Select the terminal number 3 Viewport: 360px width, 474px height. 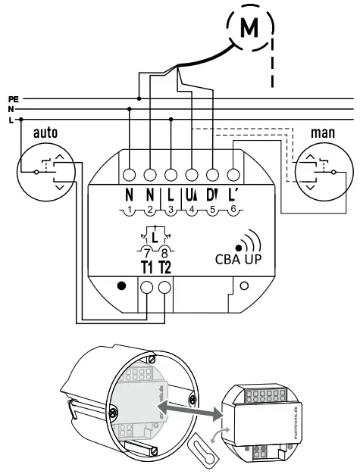[x=171, y=209]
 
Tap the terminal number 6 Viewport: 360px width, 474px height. [x=233, y=209]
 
